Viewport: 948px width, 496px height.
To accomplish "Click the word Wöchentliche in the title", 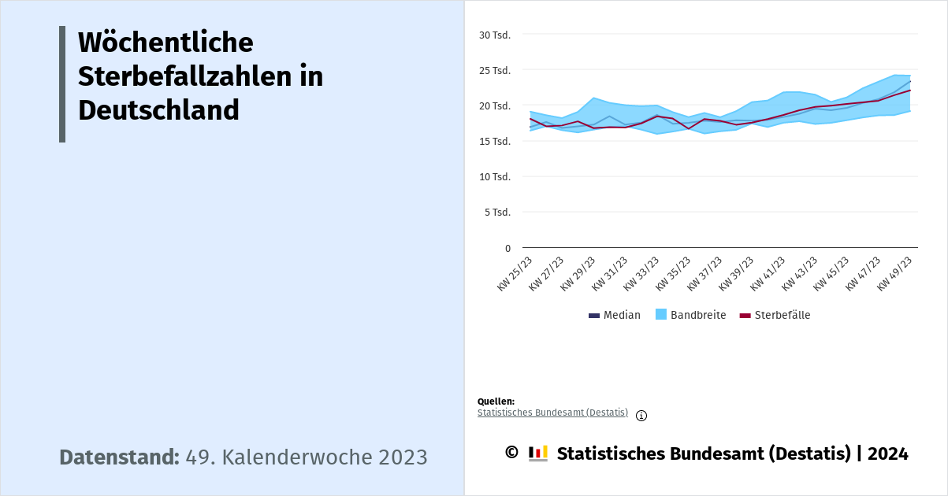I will (x=165, y=42).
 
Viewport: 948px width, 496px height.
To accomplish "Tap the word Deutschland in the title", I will (x=158, y=109).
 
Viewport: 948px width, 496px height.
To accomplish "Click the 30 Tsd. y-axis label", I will (x=495, y=35).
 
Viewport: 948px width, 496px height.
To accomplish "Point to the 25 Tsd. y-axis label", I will (x=495, y=70).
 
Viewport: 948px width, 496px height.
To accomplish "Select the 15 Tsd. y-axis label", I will (x=495, y=141).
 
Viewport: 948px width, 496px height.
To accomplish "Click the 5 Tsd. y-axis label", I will (x=497, y=212).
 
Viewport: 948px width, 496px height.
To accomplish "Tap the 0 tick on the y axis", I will (x=507, y=248).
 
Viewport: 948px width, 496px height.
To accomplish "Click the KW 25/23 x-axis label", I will (x=515, y=273).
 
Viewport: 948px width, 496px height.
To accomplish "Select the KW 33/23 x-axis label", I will (x=641, y=273).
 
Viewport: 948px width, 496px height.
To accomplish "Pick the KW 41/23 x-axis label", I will (x=768, y=273).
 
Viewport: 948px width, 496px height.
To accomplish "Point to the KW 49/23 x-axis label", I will (x=895, y=273).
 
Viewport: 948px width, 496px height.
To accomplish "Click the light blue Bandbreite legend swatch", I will (x=661, y=315).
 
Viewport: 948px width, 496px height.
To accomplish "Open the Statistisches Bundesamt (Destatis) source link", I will (x=552, y=413).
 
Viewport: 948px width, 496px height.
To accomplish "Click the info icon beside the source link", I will (x=641, y=416).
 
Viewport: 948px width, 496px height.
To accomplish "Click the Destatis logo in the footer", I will (x=538, y=453).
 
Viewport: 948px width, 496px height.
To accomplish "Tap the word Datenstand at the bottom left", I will (x=120, y=457).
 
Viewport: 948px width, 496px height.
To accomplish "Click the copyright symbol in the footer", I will (x=511, y=453).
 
